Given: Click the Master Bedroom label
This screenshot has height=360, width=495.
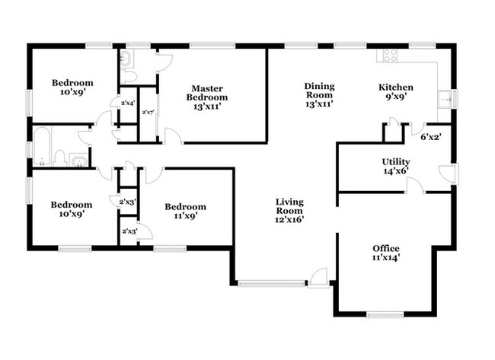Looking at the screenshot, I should click(207, 97).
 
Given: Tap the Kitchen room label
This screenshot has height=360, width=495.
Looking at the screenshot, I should click(396, 92).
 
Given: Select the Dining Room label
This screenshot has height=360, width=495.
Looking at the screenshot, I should click(319, 92).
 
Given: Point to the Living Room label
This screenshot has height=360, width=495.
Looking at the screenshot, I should click(289, 211).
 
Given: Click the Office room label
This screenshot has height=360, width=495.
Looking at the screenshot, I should click(385, 253).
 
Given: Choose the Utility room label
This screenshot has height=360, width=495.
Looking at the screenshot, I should click(395, 167).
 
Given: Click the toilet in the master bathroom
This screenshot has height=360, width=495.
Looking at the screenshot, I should click(129, 76).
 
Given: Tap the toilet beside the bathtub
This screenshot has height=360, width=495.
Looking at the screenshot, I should click(59, 157).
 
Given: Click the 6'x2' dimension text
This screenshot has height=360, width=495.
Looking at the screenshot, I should click(431, 138).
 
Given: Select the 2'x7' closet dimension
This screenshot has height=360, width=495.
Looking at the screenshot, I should click(148, 113).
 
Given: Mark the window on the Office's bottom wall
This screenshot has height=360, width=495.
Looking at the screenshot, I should click(385, 314).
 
